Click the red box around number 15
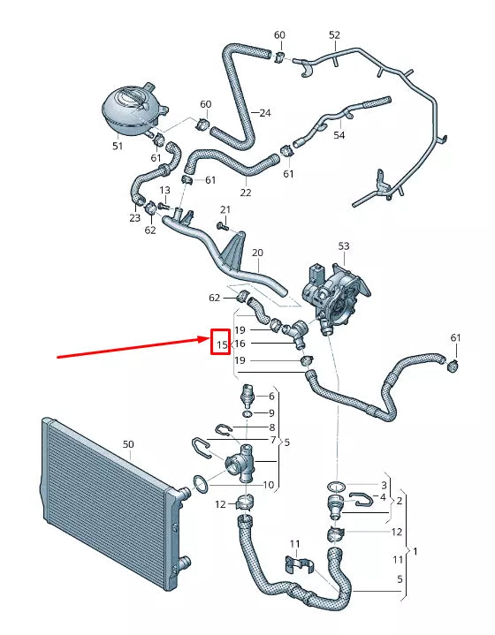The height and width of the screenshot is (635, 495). [x=220, y=343]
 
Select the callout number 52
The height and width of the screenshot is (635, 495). [x=334, y=35]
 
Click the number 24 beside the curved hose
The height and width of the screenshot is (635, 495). [x=265, y=112]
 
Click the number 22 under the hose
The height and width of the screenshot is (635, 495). [x=246, y=192]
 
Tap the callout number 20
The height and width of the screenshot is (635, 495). [x=257, y=253]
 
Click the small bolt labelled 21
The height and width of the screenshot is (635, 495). [x=222, y=226]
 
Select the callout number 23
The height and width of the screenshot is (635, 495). [x=134, y=217]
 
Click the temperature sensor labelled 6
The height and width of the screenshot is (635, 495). [x=247, y=397]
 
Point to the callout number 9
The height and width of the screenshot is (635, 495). [x=270, y=412]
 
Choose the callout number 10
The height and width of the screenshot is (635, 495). [x=269, y=485]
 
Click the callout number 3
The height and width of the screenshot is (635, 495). [x=384, y=485]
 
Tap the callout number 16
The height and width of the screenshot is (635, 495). [x=240, y=343]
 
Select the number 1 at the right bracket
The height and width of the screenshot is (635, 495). [x=416, y=551]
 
